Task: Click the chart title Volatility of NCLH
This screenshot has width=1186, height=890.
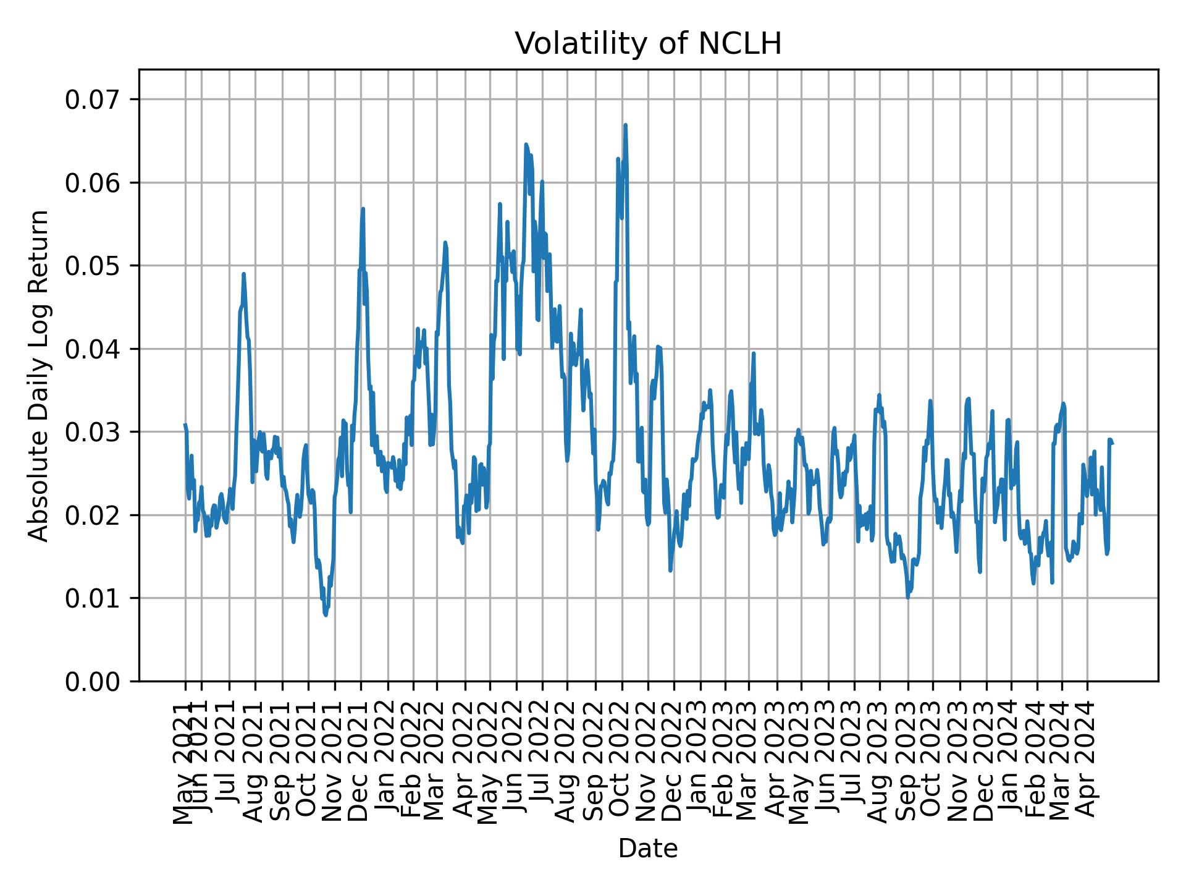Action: (648, 44)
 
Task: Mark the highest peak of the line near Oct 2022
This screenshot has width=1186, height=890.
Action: (625, 125)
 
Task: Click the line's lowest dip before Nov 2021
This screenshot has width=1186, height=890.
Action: (326, 615)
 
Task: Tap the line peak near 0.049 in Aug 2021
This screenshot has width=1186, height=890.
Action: (243, 274)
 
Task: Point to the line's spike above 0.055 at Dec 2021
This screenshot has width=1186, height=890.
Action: (363, 209)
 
